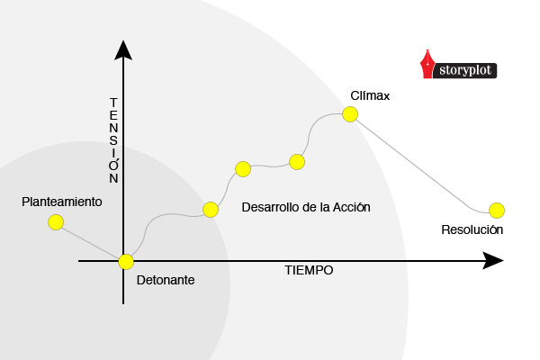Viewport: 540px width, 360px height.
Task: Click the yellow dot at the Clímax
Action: click(350, 113)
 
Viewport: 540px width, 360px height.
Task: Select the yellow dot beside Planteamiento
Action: click(56, 221)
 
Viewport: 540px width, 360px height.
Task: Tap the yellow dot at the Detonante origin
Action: click(125, 261)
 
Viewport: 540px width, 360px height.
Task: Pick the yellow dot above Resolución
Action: click(497, 211)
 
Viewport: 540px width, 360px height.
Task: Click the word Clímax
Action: click(370, 96)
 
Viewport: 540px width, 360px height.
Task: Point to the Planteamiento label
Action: click(62, 202)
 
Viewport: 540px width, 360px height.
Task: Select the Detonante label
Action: click(166, 280)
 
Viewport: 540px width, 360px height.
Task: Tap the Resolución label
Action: click(472, 229)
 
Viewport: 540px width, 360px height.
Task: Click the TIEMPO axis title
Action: click(309, 270)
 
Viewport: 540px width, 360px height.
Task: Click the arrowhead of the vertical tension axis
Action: click(124, 49)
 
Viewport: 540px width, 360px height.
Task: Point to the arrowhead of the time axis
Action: click(492, 261)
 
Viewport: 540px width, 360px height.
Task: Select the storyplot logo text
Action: click(467, 68)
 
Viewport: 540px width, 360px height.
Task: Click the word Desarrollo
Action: click(272, 208)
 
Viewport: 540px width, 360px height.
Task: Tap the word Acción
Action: click(352, 208)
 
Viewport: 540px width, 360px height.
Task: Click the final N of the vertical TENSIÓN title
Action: click(113, 179)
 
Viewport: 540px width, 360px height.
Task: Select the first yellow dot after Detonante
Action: click(211, 210)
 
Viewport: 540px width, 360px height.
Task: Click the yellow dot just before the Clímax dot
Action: click(296, 162)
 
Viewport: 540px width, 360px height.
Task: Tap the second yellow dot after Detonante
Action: click(242, 168)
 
